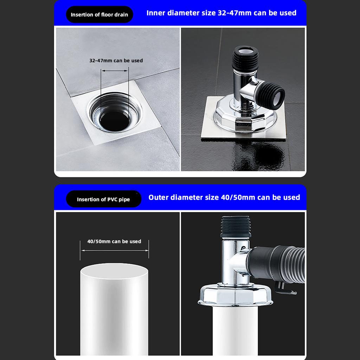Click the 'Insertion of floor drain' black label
tap(99, 15)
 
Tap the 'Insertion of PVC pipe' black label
tap(103, 199)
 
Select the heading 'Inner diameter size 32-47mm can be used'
tap(221, 13)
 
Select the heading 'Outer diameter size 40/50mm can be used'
tap(224, 197)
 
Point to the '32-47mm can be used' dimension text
tap(116, 60)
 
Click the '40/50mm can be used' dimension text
tap(114, 242)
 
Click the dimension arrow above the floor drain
tap(115, 71)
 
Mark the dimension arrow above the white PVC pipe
tap(115, 250)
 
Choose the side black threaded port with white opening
tap(272, 94)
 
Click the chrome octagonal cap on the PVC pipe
tap(235, 295)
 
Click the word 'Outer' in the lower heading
tap(159, 197)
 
